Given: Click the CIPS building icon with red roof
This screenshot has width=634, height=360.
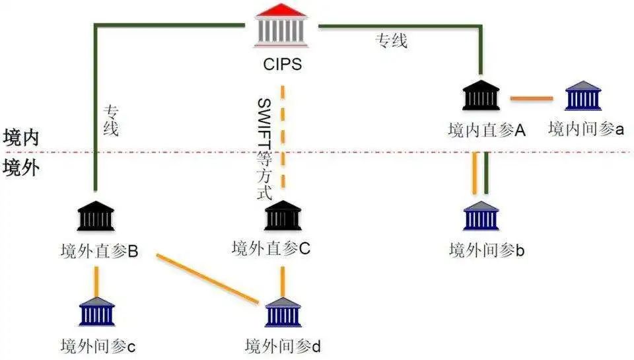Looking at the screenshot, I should click(282, 26).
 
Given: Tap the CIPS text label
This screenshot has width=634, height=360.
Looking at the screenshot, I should click(282, 65).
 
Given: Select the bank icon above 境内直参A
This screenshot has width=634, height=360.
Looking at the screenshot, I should click(481, 95).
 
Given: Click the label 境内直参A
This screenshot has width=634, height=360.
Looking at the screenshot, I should click(486, 129).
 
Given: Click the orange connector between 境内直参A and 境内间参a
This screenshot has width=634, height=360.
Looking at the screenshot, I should click(532, 98).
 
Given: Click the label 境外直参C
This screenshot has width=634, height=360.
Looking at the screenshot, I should click(271, 248).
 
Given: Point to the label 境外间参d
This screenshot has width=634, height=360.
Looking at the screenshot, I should click(282, 345).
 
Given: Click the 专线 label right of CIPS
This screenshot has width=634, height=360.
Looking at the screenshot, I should click(392, 42).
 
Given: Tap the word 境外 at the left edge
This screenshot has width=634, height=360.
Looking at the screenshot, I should click(21, 167).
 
